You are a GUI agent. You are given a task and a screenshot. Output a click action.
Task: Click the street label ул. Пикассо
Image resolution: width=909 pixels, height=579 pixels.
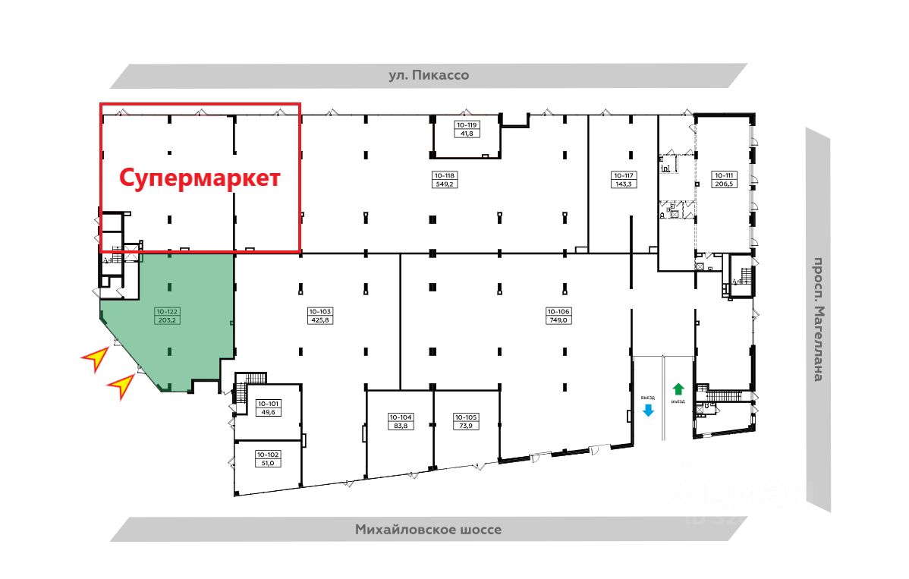(429, 75)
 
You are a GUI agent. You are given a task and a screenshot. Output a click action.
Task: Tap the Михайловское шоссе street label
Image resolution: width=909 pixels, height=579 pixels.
(428, 530)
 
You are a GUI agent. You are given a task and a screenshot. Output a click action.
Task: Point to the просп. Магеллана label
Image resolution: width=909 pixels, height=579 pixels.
(817, 319)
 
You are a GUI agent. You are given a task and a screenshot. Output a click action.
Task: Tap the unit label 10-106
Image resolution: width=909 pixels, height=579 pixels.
(558, 311)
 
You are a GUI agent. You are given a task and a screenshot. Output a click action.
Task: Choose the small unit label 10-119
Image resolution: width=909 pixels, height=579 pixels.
(466, 124)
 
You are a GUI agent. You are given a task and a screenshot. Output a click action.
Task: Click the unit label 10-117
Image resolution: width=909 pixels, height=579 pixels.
(624, 175)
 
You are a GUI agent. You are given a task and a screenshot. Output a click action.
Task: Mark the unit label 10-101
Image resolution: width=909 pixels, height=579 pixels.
(268, 404)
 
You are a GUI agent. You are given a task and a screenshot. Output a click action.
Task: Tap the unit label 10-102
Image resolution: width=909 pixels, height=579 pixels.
(268, 455)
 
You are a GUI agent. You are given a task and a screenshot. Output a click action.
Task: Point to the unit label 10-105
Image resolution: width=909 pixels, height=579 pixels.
(465, 417)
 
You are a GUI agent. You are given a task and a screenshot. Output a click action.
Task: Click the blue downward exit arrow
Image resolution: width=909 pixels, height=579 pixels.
(648, 411)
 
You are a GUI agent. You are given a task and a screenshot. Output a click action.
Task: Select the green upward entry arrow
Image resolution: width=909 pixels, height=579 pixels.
(679, 389)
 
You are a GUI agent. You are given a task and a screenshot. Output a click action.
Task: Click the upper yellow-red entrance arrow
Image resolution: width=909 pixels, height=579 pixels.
(95, 357)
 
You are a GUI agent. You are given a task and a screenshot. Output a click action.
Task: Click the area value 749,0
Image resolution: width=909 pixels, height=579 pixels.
(558, 320)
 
